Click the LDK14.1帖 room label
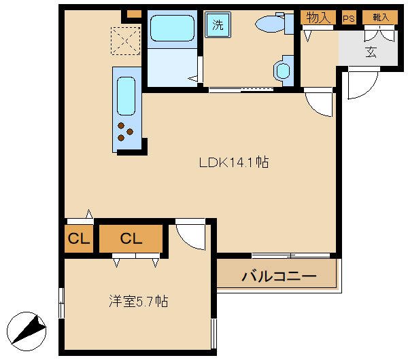pyautogui.click(x=233, y=163)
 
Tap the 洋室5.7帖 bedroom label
pyautogui.click(x=139, y=301)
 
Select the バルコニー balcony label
pyautogui.click(x=279, y=276)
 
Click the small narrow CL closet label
pyautogui.click(x=79, y=239)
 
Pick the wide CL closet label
pyautogui.click(x=131, y=239)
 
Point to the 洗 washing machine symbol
pyautogui.click(x=218, y=26)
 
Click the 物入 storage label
pyautogui.click(x=318, y=18)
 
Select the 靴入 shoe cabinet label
pyautogui.click(x=379, y=18)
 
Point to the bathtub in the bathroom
pyautogui.click(x=171, y=29)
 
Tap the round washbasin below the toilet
pyautogui.click(x=282, y=70)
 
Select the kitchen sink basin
pyautogui.click(x=126, y=96)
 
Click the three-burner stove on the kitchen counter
pyautogui.click(x=125, y=132)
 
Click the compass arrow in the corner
pyautogui.click(x=29, y=331)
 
